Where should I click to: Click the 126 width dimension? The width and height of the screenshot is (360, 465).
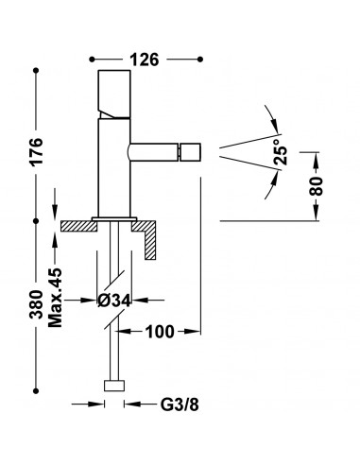(x=145, y=60)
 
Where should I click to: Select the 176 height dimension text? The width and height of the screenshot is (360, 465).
(x=37, y=151)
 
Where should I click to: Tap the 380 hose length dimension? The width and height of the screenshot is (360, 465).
(x=37, y=304)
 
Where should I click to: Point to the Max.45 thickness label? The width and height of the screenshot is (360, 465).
(x=56, y=298)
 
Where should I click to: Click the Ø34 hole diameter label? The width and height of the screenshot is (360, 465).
(x=114, y=301)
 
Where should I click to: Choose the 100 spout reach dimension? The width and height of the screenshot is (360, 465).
(x=160, y=332)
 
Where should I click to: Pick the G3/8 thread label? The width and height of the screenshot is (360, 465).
(x=180, y=405)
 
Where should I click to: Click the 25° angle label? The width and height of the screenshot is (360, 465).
(x=281, y=151)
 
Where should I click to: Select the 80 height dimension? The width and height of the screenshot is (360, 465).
(x=317, y=186)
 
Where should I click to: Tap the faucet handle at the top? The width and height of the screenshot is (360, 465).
(x=114, y=94)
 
